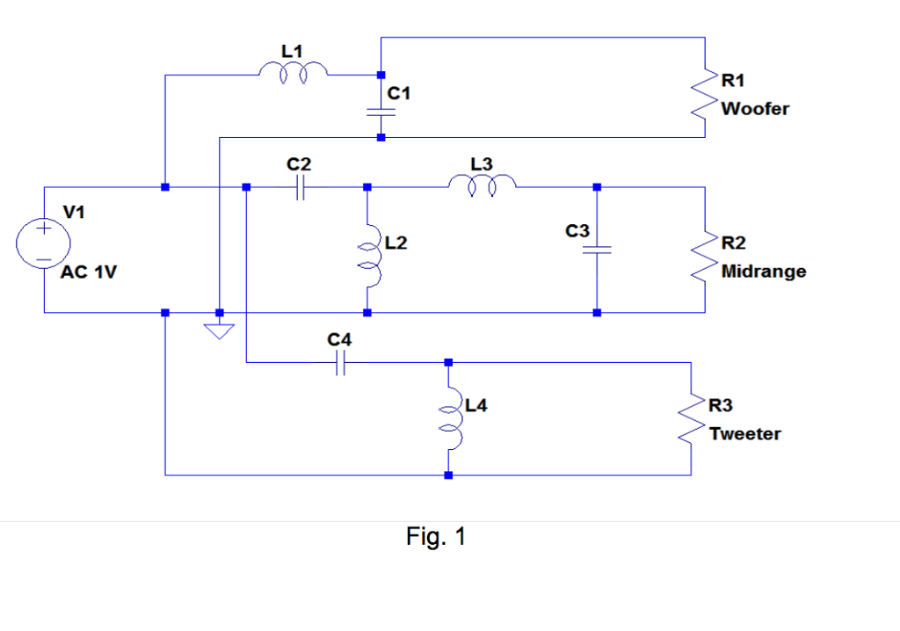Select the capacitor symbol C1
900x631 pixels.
click(380, 112)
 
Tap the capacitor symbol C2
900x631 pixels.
click(300, 187)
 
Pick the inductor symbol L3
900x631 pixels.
click(483, 185)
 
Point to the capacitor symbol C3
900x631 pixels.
click(597, 250)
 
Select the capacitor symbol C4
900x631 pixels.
click(341, 361)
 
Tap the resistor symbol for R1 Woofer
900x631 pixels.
click(707, 98)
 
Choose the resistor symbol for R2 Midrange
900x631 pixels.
click(707, 258)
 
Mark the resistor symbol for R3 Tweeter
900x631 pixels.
click(694, 420)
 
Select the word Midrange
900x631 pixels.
click(763, 272)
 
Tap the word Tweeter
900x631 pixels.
click(744, 434)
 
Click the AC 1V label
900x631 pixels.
click(88, 272)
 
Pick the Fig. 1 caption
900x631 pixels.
click(436, 536)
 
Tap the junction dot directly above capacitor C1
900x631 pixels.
click(380, 75)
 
